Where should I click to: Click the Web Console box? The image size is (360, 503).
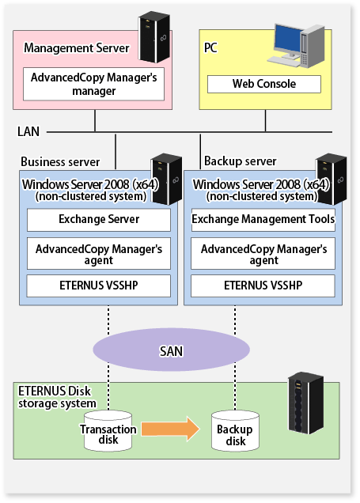pyautogui.click(x=264, y=84)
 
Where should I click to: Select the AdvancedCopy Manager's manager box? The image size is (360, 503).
pyautogui.click(x=93, y=84)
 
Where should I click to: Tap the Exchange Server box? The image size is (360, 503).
pyautogui.click(x=99, y=220)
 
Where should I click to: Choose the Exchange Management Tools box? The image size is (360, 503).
pyautogui.click(x=263, y=220)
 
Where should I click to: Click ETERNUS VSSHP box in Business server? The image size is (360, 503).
pyautogui.click(x=99, y=286)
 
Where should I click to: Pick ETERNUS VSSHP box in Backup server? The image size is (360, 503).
pyautogui.click(x=263, y=286)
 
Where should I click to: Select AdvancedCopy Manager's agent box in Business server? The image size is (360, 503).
pyautogui.click(x=99, y=254)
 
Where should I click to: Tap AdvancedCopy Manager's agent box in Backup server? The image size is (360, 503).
pyautogui.click(x=263, y=254)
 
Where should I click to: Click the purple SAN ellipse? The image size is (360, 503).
pyautogui.click(x=172, y=350)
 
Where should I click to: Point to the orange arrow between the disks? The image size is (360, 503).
pyautogui.click(x=170, y=429)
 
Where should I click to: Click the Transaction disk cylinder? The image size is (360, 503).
pyautogui.click(x=108, y=432)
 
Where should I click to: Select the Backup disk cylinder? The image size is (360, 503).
pyautogui.click(x=235, y=432)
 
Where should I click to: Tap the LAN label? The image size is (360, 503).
pyautogui.click(x=28, y=131)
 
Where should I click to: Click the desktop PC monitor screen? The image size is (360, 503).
pyautogui.click(x=287, y=39)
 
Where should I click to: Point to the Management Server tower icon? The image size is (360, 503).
pyautogui.click(x=154, y=37)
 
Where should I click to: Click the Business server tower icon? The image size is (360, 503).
pyautogui.click(x=166, y=179)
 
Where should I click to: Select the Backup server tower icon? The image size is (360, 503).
pyautogui.click(x=332, y=179)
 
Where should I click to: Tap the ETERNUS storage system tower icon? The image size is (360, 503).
pyautogui.click(x=305, y=403)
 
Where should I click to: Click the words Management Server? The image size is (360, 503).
pyautogui.click(x=77, y=48)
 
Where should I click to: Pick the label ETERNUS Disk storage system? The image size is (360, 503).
pyautogui.click(x=57, y=397)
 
